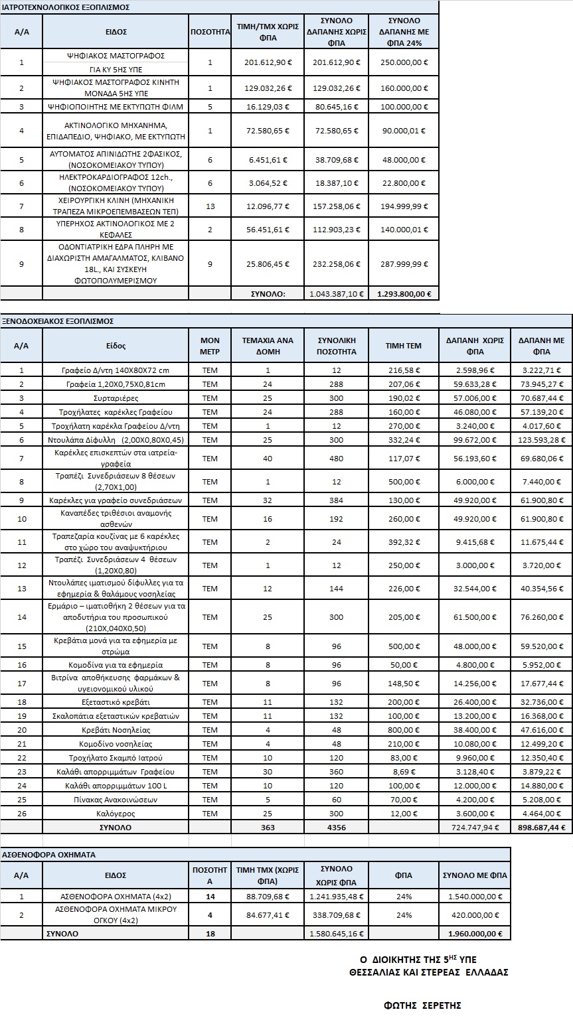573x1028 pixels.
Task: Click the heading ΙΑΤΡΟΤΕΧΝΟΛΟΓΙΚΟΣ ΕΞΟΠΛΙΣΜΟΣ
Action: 66,7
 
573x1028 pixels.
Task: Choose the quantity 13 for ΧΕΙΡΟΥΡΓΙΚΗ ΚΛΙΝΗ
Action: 210,206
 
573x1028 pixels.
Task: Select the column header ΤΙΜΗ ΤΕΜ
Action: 404,346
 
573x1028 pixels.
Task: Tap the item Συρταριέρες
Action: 116,398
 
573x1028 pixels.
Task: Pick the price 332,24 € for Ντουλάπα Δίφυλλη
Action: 404,440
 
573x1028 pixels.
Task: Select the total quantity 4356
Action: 337,828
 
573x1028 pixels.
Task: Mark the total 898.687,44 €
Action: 541,828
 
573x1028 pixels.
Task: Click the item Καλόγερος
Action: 116,814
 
